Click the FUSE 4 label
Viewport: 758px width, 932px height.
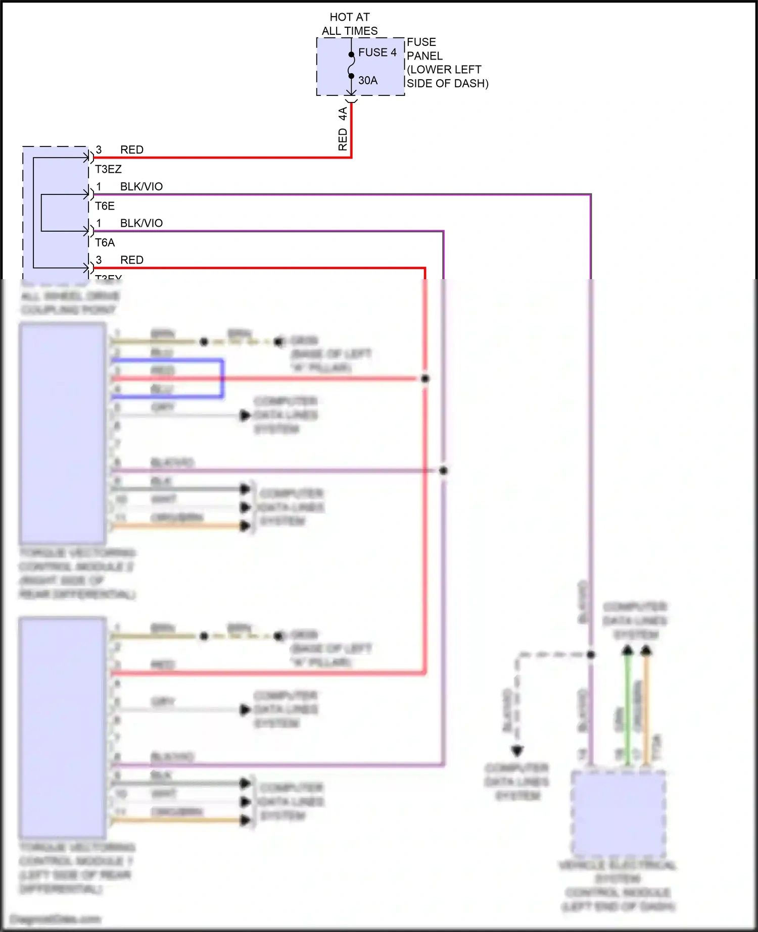coord(377,53)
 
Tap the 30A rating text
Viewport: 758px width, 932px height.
coord(368,80)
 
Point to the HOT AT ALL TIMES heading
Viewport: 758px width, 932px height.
coord(350,24)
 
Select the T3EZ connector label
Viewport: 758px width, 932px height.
coord(108,169)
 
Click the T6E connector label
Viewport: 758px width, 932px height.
coord(105,206)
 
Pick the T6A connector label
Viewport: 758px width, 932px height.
coord(105,243)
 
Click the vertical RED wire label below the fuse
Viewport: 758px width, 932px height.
coord(343,139)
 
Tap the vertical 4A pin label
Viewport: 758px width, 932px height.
coord(343,114)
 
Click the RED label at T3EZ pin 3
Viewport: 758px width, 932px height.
coord(131,150)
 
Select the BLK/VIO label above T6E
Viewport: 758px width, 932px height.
coord(141,187)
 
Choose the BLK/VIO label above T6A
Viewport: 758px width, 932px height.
coord(141,223)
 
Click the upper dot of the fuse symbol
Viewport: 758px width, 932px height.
coord(351,55)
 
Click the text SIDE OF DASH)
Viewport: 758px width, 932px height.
coord(447,83)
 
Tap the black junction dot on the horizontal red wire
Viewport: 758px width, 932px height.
coord(425,378)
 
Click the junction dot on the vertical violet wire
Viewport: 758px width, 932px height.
coord(443,471)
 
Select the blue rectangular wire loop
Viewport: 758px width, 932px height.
coord(222,379)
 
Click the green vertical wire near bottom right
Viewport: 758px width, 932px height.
coord(628,707)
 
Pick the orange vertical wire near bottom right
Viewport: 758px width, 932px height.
coord(646,707)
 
